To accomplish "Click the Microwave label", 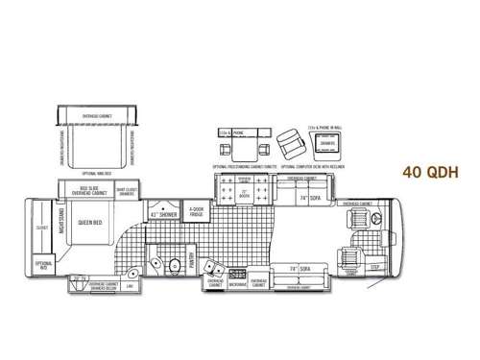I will pyautogui.click(x=237, y=282).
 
